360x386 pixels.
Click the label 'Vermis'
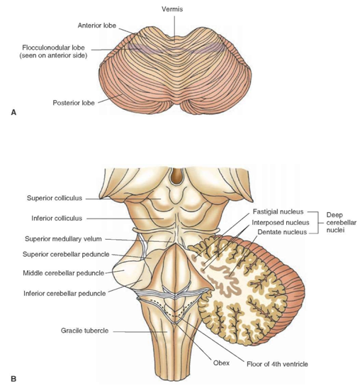172,9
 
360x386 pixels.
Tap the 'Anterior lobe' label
96,26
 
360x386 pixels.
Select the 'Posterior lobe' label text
74,103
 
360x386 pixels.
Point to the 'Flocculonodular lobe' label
53,48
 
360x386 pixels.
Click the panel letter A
13,113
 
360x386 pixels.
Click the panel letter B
13,378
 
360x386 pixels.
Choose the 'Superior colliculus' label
55,198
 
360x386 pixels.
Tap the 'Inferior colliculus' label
57,219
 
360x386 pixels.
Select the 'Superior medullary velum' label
63,239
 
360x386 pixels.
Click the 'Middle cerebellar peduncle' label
64,273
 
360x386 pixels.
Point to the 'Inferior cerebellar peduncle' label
64,294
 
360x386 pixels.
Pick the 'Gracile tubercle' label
84,331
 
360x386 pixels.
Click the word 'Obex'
221,363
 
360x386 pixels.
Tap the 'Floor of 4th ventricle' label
277,364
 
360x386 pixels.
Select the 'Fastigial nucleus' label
278,211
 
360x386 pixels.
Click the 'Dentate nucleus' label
282,232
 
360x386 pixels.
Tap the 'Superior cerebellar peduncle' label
66,254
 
